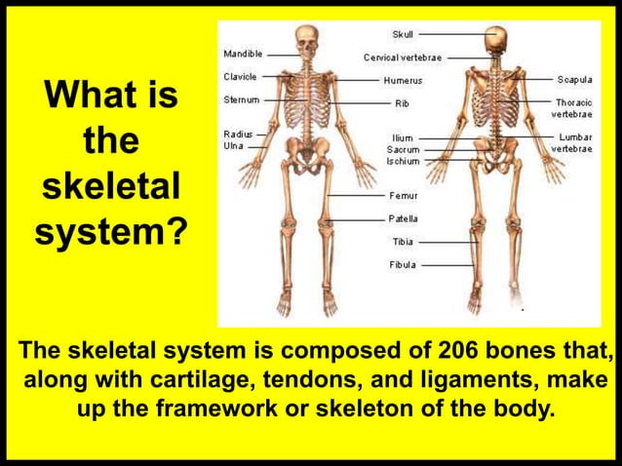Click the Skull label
point(402,34)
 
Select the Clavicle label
point(240,76)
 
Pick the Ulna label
point(234,145)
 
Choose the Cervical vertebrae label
point(403,58)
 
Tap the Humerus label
point(402,79)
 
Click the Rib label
point(401,102)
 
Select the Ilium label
point(402,138)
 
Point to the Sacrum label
point(403,150)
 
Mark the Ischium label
point(403,162)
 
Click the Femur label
point(404,196)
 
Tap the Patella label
point(404,218)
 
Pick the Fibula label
point(403,264)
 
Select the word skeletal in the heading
point(108,188)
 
